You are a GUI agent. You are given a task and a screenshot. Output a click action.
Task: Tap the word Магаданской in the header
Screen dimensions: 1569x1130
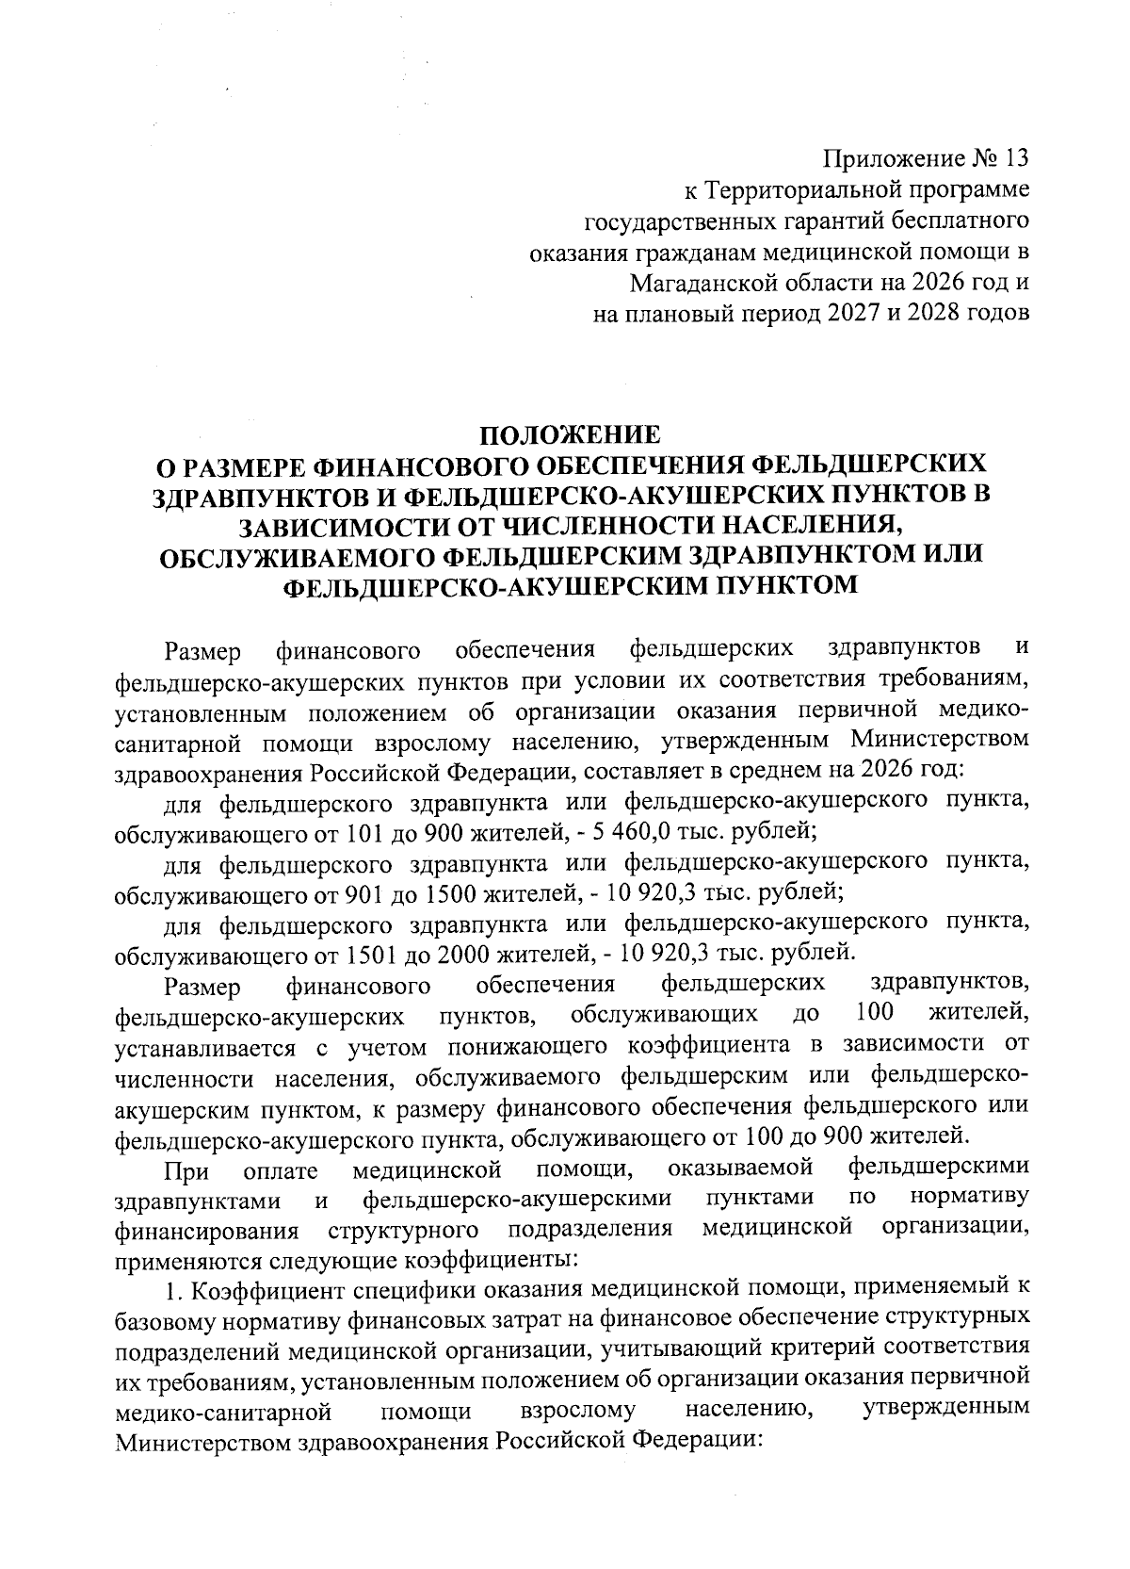709,281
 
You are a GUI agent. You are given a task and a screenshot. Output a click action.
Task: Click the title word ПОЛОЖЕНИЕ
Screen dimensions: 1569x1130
571,435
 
